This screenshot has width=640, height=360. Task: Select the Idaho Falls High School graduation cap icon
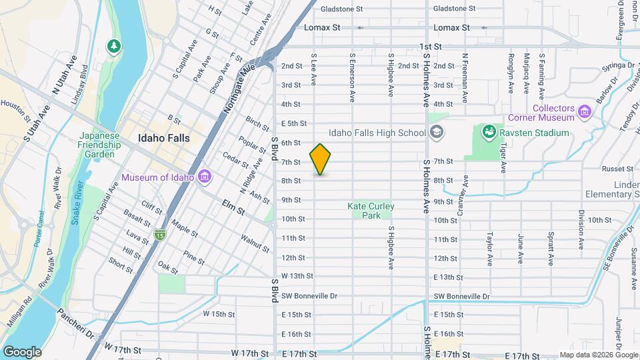point(436,133)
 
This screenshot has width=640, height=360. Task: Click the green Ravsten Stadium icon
point(489,133)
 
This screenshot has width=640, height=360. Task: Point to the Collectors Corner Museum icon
point(585,110)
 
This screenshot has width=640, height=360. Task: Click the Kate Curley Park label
point(371,211)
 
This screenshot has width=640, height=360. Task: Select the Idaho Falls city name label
point(163,138)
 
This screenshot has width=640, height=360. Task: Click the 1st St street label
point(431,47)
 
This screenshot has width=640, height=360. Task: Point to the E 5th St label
point(293,123)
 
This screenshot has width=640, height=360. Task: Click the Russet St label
point(613,169)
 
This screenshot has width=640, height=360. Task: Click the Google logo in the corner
point(22,351)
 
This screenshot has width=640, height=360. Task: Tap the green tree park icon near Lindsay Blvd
point(114,46)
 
